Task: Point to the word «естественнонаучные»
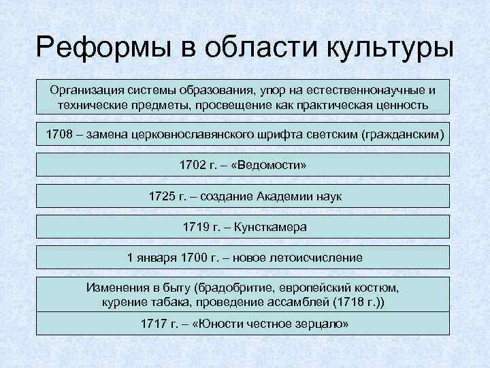click(367, 91)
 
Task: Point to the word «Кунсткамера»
click(271, 227)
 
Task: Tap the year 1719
click(197, 227)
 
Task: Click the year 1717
click(154, 323)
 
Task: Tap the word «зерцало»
click(321, 323)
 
